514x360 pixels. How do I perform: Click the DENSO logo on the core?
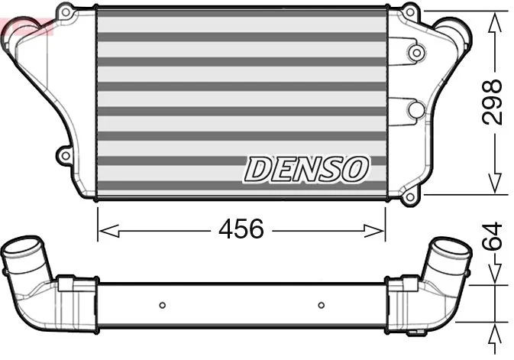tap(306, 169)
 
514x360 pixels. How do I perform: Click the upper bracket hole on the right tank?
tap(415, 53)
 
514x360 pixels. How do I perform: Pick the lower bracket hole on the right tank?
tap(415, 110)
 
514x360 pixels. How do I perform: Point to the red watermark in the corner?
tap(23, 28)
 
